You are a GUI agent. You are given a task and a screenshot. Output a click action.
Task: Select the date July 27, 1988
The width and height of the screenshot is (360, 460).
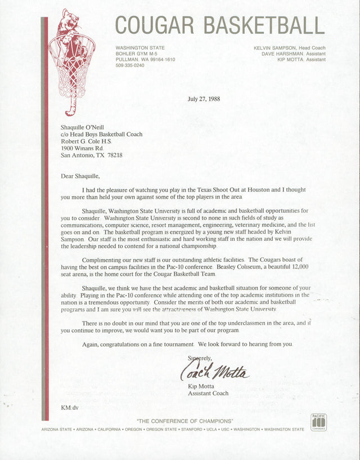(x=204, y=99)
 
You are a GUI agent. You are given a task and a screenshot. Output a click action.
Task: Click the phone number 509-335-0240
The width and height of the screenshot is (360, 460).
(x=130, y=65)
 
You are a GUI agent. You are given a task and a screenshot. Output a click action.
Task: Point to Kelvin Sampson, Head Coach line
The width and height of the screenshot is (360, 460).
(x=289, y=48)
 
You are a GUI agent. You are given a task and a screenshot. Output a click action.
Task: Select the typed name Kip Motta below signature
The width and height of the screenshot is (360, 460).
(x=201, y=386)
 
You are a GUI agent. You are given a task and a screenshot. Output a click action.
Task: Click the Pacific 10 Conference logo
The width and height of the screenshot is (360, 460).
(x=319, y=422)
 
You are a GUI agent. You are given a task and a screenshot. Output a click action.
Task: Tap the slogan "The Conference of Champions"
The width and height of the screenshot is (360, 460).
(x=184, y=422)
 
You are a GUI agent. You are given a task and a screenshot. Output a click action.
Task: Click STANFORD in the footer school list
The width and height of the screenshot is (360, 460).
(x=192, y=430)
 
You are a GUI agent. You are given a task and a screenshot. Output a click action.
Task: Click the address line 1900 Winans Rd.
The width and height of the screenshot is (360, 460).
(x=82, y=148)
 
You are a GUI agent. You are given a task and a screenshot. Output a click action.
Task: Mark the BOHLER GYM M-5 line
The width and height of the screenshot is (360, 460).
(x=136, y=53)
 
